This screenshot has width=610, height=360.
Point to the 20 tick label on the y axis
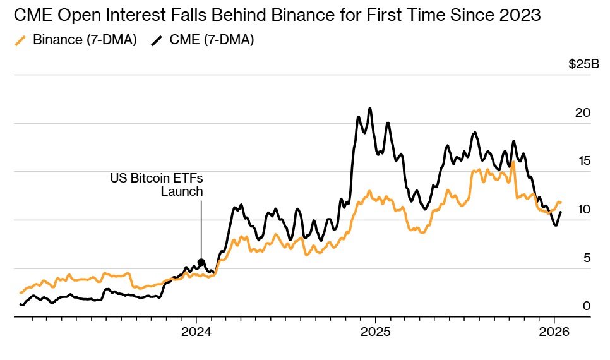[x=583, y=113]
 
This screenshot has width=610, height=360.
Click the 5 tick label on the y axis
[x=587, y=258]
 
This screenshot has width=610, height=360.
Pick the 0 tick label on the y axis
[x=587, y=306]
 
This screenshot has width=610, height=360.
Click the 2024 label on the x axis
[x=196, y=332]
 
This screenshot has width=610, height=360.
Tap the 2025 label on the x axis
[x=375, y=332]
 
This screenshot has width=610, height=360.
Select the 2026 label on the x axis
[x=554, y=332]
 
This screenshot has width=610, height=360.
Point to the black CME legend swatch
[x=157, y=41]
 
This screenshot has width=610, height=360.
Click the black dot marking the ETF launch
[x=201, y=262]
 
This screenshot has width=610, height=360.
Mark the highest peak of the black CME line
[x=370, y=109]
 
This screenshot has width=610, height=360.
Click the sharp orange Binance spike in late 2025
[x=513, y=162]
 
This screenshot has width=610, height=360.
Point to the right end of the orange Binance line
[x=561, y=202]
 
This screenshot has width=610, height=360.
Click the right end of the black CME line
[x=561, y=212]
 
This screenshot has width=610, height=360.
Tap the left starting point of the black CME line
[x=21, y=304]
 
